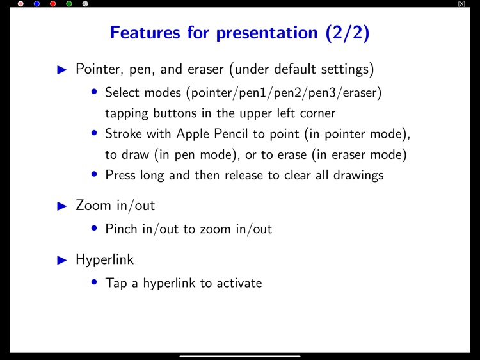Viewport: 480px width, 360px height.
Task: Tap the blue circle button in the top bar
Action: pos(36,4)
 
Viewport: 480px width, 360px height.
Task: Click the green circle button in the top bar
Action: pos(69,4)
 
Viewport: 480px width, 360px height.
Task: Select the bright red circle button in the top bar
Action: pos(53,4)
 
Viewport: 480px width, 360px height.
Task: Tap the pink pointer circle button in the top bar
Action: pos(20,4)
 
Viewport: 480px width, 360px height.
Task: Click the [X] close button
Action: pos(461,4)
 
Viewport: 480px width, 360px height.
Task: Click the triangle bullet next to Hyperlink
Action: pos(62,260)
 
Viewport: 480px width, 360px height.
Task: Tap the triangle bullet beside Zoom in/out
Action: pos(62,206)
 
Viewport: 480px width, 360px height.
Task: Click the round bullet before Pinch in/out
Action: pos(95,228)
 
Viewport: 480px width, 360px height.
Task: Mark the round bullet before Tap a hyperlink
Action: pos(95,282)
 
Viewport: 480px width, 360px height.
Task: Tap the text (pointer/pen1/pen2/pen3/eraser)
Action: pos(284,93)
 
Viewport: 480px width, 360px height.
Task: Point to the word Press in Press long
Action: pos(122,174)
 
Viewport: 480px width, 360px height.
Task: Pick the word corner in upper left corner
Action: pos(314,113)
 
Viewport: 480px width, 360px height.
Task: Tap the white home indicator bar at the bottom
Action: pos(240,356)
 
